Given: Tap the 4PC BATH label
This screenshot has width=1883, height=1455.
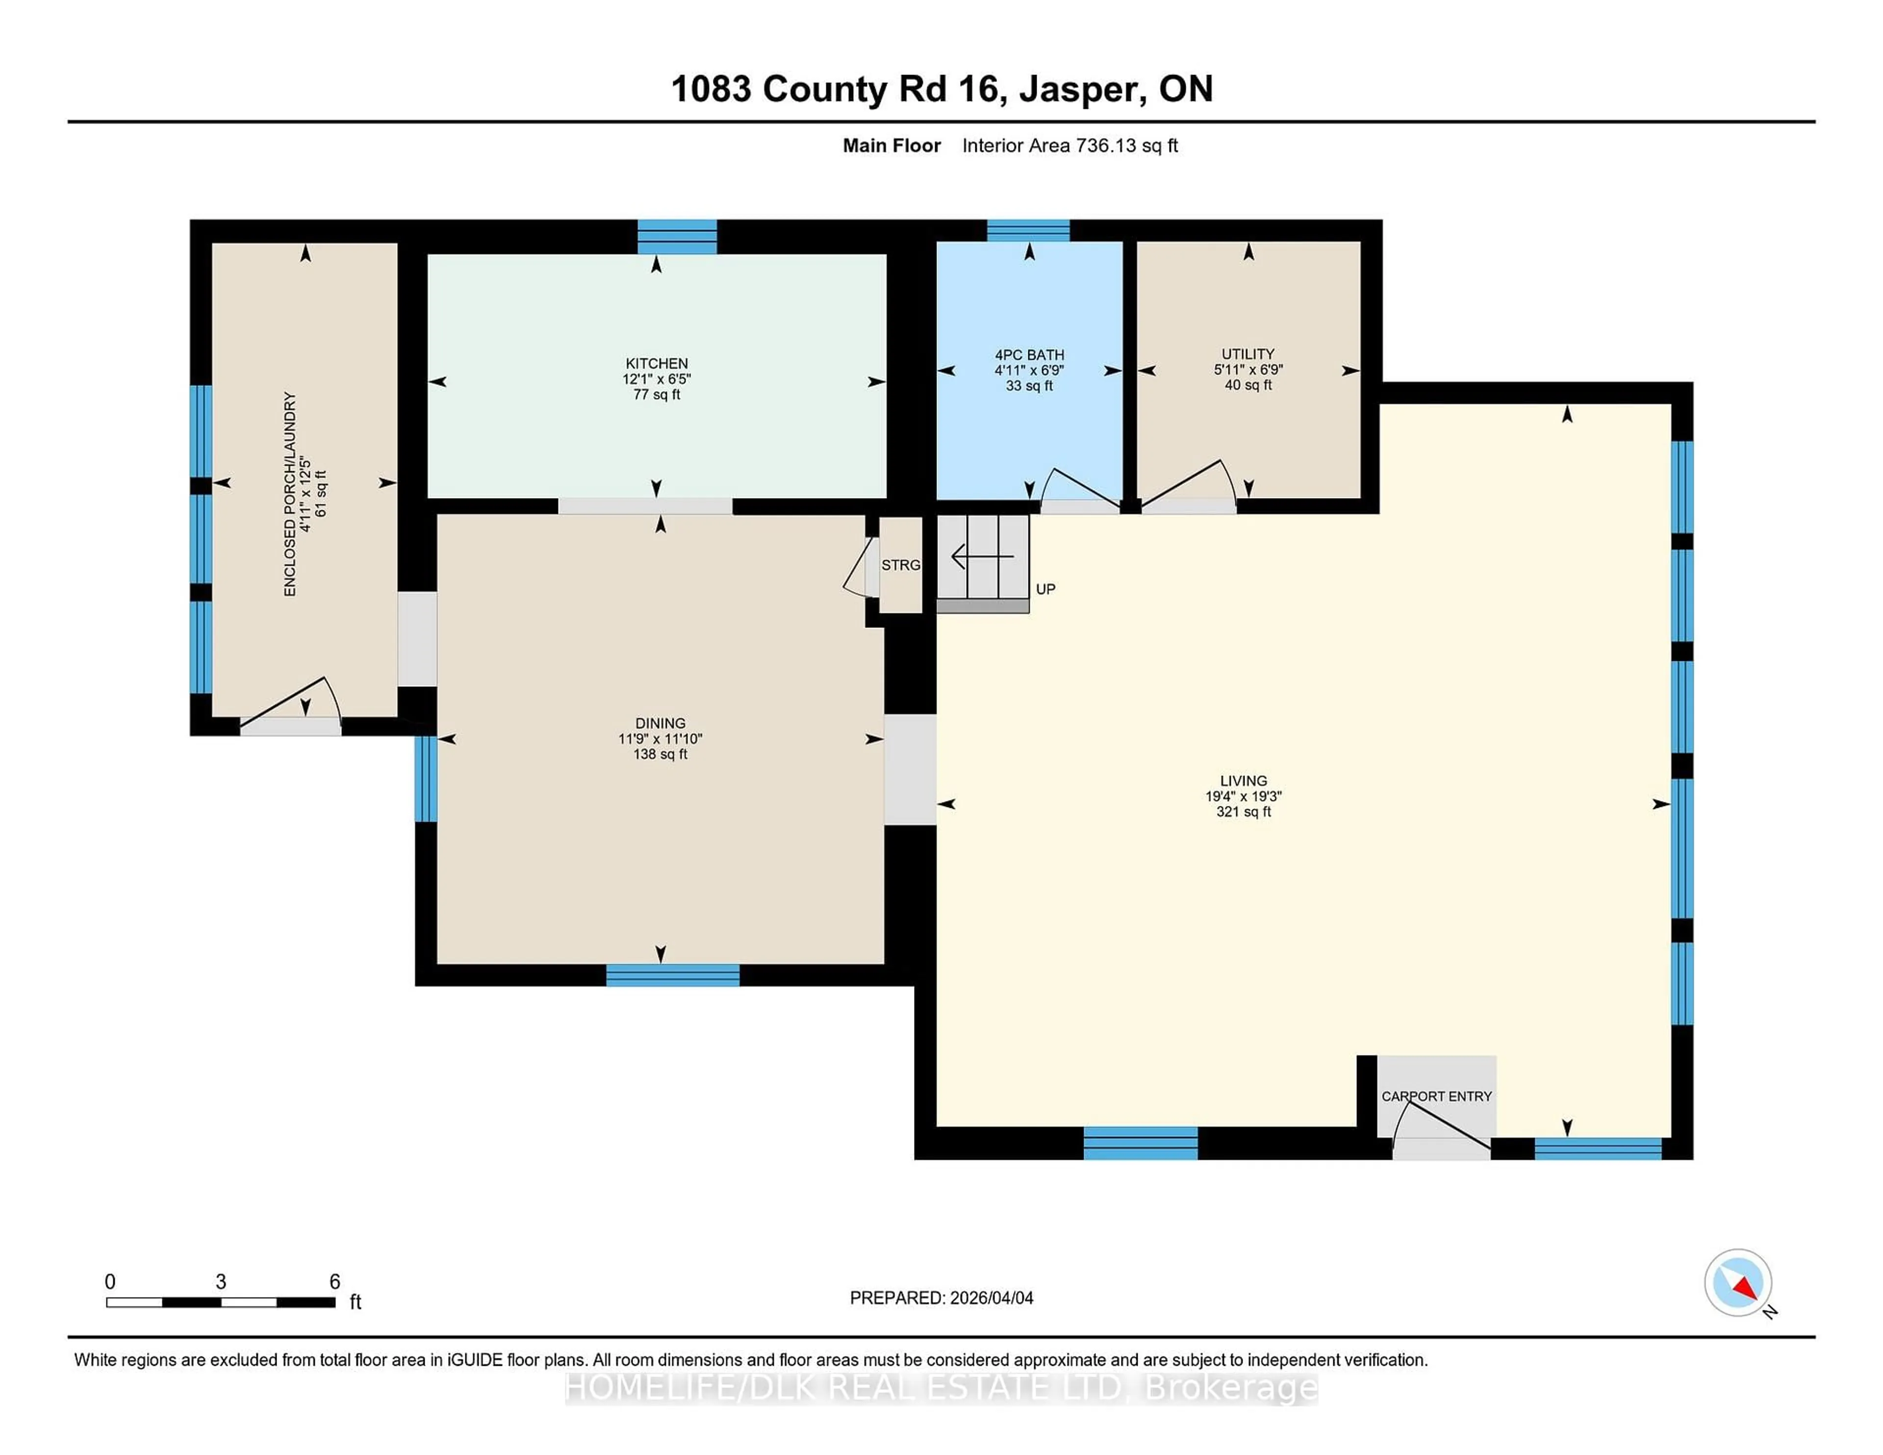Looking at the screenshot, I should pyautogui.click(x=1029, y=355).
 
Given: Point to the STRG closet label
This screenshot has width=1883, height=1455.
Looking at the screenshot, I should pyautogui.click(x=900, y=565).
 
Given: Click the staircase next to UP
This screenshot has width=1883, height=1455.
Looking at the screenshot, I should pyautogui.click(x=983, y=558).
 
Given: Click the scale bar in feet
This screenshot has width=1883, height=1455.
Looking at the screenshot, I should pyautogui.click(x=221, y=1302).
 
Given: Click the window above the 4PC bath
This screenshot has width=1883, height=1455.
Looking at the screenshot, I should pyautogui.click(x=1028, y=230).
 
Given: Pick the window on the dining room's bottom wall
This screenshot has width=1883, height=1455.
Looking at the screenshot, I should pyautogui.click(x=672, y=975).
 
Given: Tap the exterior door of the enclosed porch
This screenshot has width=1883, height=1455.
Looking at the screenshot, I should pyautogui.click(x=291, y=726).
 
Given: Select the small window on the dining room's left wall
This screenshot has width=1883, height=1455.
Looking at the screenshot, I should pyautogui.click(x=426, y=778).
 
